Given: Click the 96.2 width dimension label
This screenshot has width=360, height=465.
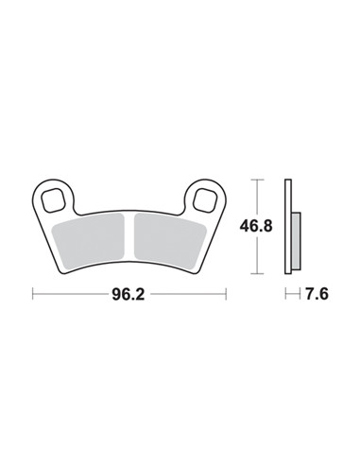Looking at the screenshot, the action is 129,294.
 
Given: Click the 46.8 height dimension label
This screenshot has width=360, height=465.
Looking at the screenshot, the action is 256,226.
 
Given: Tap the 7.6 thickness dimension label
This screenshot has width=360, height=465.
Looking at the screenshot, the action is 317,294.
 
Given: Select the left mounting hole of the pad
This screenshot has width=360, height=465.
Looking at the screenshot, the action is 53,200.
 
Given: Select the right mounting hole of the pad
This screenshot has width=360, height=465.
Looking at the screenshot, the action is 205,200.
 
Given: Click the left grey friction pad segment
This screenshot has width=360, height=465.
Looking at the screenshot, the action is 89,239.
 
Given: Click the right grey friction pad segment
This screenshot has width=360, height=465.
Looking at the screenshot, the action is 169,239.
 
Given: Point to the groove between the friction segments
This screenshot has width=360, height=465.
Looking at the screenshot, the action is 129,237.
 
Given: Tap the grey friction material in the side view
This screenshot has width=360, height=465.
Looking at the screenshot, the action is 296,241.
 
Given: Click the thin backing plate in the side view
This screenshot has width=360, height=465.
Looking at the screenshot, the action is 288,227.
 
